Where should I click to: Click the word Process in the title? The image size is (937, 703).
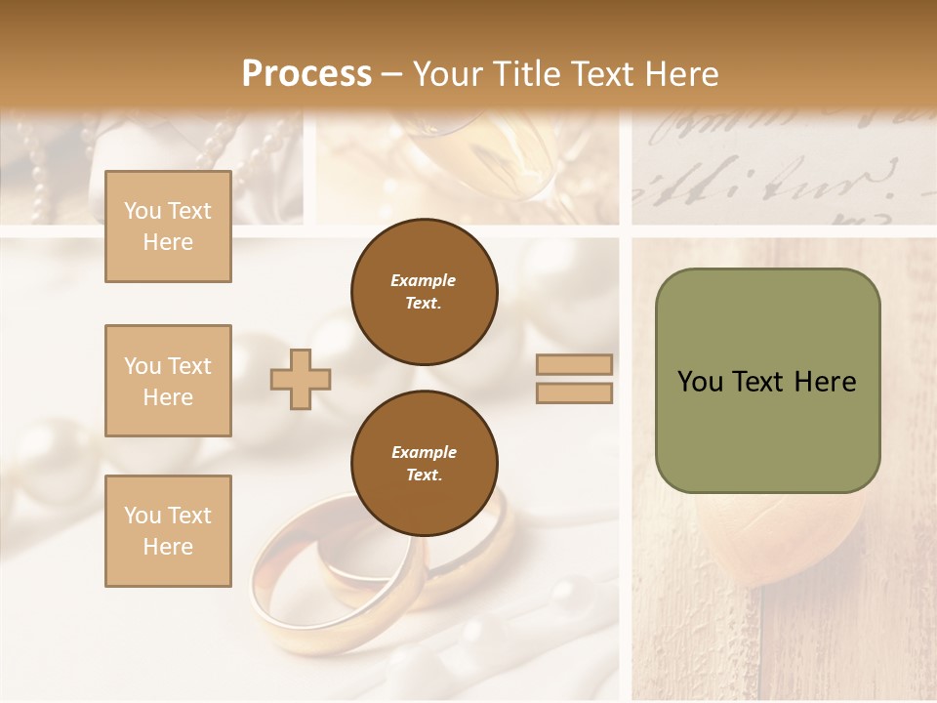click(x=306, y=74)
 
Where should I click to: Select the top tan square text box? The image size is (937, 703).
click(x=168, y=227)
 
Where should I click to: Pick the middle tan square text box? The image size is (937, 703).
click(x=168, y=381)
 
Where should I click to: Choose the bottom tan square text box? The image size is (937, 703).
click(x=168, y=531)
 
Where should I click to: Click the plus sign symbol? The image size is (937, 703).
click(x=301, y=379)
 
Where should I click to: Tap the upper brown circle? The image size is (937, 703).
click(x=424, y=292)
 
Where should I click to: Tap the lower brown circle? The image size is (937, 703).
click(x=424, y=464)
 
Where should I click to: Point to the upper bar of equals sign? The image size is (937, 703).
click(x=574, y=364)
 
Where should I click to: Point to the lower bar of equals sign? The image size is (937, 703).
click(x=574, y=393)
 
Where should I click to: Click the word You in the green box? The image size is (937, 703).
click(x=700, y=382)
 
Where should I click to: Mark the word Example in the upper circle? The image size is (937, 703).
click(x=424, y=280)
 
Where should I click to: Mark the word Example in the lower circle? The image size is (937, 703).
click(x=424, y=452)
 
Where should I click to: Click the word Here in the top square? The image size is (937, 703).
click(x=168, y=242)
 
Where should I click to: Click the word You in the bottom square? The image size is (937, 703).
click(x=143, y=516)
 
